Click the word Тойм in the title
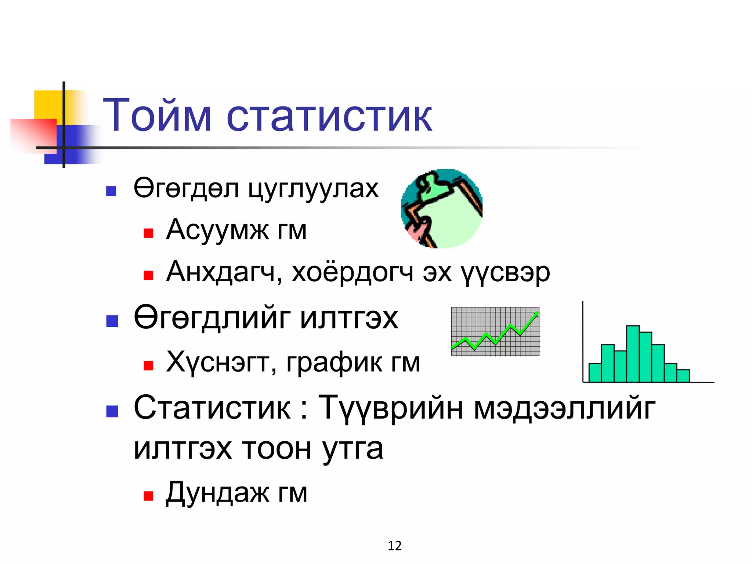coord(157,115)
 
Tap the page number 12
coord(395,546)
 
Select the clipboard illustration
coord(442,209)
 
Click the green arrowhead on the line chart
coord(536,314)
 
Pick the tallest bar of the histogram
coord(633,354)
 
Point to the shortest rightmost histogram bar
coord(683,376)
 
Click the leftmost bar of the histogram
coord(595,372)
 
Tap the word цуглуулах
coord(313,189)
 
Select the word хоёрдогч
coord(352,272)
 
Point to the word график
coord(334,362)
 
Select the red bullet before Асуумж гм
coord(148,233)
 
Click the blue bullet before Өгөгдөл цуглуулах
coord(111,191)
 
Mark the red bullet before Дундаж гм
coord(148,496)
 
